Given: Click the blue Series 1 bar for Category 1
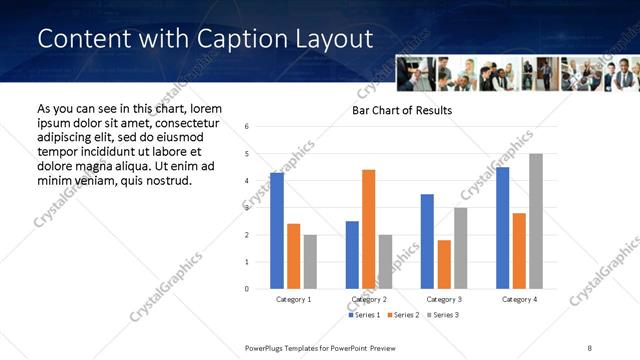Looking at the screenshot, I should click(x=277, y=231).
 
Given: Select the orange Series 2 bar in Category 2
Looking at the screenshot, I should click(x=369, y=229).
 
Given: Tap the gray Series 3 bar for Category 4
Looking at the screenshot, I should click(x=536, y=221).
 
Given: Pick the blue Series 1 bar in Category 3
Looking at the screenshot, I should click(x=427, y=241).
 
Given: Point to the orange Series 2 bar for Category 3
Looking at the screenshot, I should click(x=444, y=264).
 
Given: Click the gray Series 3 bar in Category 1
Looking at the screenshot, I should click(x=310, y=262).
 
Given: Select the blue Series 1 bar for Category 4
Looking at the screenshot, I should click(x=502, y=228).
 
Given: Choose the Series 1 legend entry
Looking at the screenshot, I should click(x=363, y=315).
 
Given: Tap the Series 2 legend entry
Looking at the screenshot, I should click(x=402, y=315).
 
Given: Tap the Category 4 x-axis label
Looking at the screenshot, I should click(x=518, y=299).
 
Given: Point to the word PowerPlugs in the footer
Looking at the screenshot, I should click(x=268, y=347).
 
